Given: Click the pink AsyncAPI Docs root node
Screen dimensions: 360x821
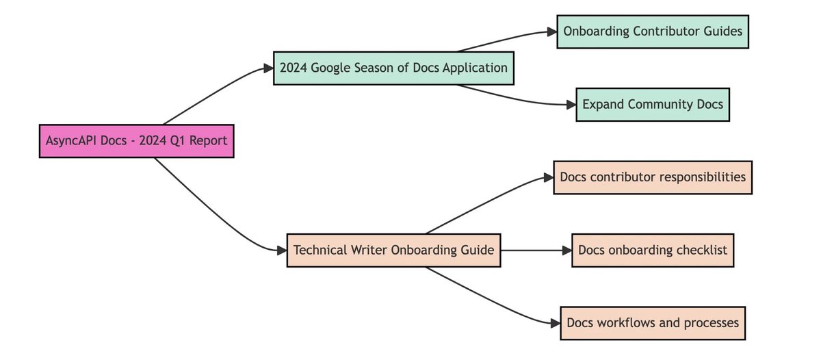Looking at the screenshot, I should click(136, 141).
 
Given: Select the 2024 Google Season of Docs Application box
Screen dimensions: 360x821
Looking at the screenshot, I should click(393, 68).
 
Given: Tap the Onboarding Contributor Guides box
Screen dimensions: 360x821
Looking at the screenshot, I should click(653, 31).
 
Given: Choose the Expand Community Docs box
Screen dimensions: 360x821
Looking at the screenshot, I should click(653, 105).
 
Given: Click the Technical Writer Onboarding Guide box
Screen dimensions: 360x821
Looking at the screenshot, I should click(393, 250).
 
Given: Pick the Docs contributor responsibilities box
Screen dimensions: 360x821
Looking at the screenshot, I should click(653, 177).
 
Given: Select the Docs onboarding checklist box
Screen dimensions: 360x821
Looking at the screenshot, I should click(653, 250).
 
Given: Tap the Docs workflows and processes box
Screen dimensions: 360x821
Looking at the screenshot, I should click(653, 323).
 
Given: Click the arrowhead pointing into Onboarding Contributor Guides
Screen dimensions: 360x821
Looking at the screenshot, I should click(551, 31).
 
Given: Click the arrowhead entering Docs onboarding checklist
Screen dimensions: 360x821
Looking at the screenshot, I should click(566, 250).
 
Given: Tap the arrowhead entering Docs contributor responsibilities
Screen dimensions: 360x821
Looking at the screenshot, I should click(548, 177).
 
